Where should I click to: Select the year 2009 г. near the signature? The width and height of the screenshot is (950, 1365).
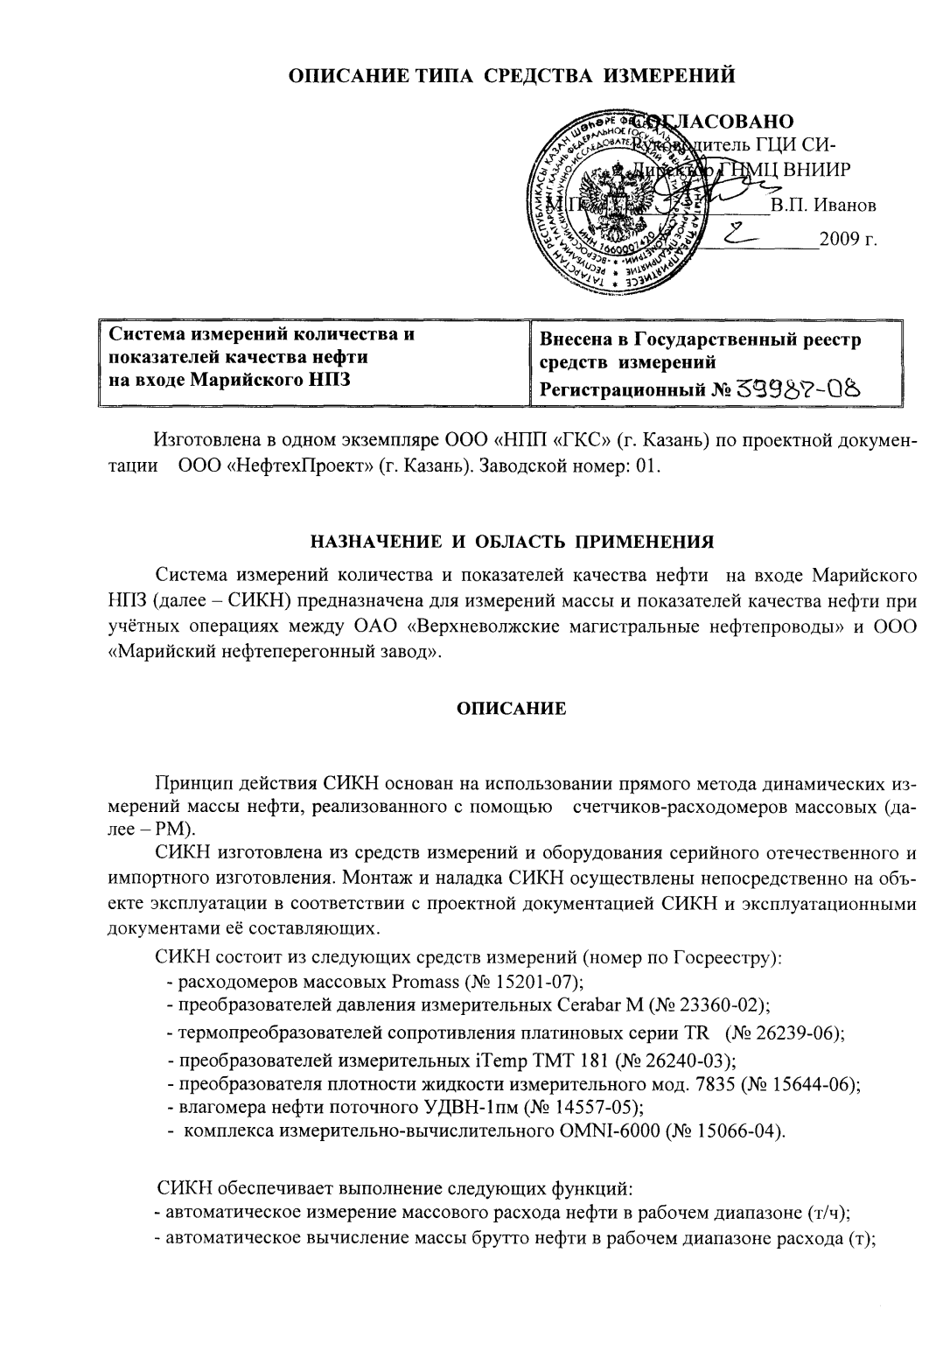click(848, 239)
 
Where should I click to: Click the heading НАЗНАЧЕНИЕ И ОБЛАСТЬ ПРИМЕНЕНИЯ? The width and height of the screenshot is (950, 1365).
click(513, 542)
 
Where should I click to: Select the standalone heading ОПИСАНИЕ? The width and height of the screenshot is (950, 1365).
click(513, 710)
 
